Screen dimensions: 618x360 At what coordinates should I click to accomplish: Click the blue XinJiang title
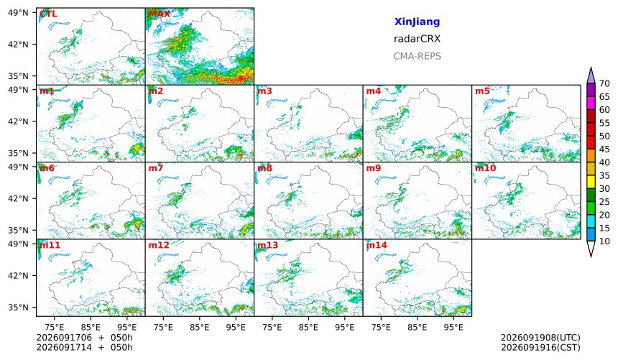(417, 22)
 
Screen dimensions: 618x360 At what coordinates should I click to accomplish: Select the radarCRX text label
(417, 39)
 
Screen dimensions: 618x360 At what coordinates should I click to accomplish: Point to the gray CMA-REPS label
(417, 56)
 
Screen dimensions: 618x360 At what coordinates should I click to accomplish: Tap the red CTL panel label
(48, 14)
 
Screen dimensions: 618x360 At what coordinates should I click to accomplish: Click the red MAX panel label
(160, 14)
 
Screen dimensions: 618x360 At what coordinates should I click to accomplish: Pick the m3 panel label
(264, 91)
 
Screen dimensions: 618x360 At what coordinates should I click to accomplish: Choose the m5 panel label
(482, 91)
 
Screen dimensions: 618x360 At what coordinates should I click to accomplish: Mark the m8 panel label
(264, 168)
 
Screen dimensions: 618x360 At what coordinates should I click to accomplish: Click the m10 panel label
(485, 168)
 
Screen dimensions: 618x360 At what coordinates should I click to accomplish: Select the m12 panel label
(158, 245)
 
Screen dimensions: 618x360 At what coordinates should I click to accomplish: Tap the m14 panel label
(377, 245)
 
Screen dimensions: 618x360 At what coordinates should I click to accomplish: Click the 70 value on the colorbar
(604, 83)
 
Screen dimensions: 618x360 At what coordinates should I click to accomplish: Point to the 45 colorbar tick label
(604, 149)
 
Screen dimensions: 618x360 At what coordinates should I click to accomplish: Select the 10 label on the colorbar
(604, 241)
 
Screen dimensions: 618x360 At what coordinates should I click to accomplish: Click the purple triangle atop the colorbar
(591, 76)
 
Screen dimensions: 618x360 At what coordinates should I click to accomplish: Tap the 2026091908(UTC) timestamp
(540, 338)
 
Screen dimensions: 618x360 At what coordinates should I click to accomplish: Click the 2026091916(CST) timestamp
(540, 347)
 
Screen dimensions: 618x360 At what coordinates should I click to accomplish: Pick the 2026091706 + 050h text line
(84, 338)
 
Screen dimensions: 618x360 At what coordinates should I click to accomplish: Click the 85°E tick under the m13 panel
(308, 327)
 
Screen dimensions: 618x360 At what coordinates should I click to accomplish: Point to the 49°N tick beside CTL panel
(18, 13)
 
